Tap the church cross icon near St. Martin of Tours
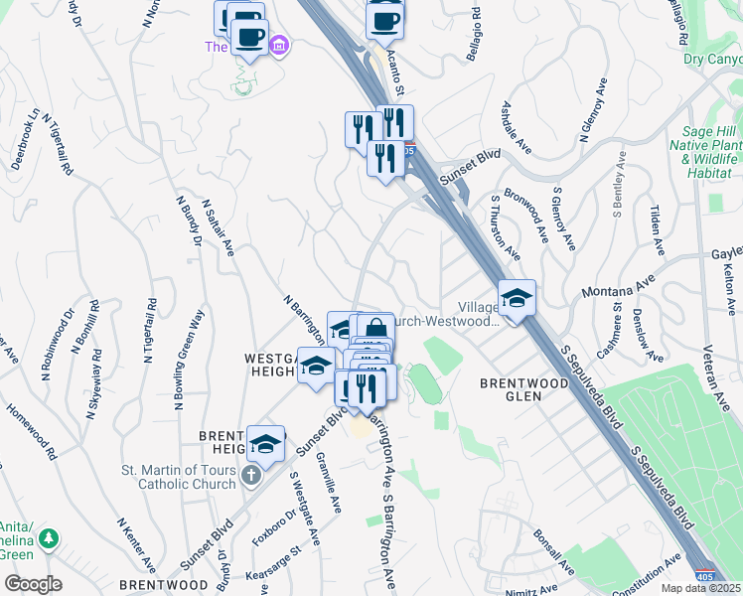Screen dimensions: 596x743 (252, 477)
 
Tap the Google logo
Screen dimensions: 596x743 (33, 584)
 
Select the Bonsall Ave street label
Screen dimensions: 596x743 (553, 552)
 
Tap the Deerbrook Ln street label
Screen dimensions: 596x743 (28, 138)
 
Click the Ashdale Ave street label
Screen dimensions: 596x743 (517, 126)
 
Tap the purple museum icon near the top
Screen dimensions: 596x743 (279, 46)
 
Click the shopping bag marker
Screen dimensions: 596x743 (375, 330)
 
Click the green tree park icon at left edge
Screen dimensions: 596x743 (47, 540)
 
